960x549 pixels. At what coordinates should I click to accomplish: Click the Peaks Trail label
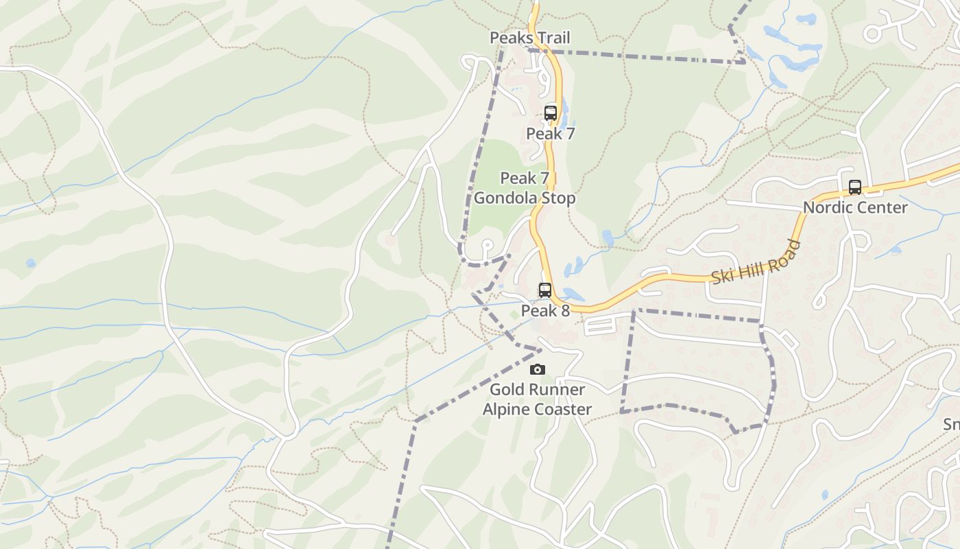[529, 38]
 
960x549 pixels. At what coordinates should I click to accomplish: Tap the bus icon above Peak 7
[551, 113]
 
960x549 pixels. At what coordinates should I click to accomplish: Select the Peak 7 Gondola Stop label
[525, 188]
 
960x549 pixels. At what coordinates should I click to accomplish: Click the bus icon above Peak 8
[545, 290]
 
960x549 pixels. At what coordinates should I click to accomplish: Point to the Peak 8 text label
[545, 311]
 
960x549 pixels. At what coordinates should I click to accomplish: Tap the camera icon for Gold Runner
[538, 370]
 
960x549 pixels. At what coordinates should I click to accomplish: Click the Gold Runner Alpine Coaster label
[537, 399]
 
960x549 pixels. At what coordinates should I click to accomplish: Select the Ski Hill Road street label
[756, 263]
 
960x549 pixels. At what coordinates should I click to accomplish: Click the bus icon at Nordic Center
[855, 187]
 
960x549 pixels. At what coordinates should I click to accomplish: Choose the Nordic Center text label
[855, 207]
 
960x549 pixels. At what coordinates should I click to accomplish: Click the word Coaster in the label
[564, 410]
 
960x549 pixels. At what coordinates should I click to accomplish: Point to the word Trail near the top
[553, 38]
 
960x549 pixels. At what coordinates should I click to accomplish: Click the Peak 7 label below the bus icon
[550, 134]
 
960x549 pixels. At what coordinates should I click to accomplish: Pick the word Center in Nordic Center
[883, 207]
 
